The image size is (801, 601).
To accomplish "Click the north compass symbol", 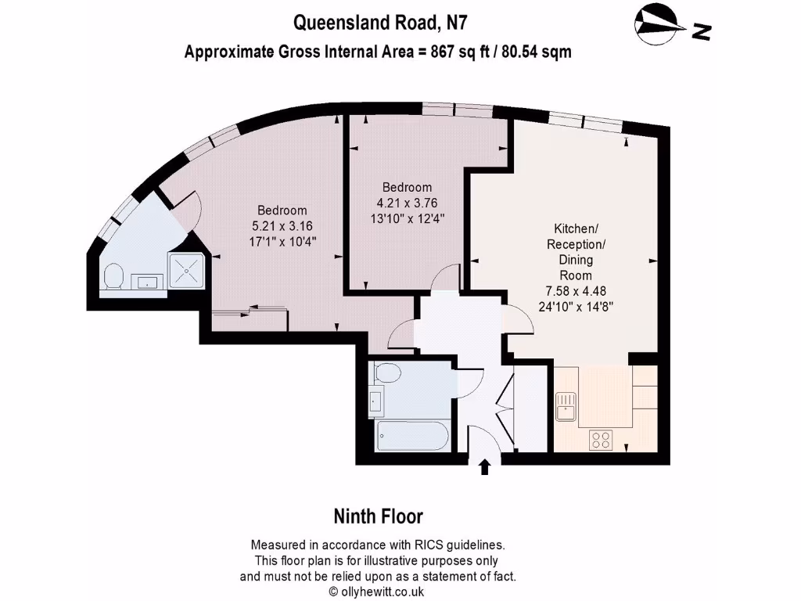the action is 659,24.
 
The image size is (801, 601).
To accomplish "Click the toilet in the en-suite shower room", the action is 113,277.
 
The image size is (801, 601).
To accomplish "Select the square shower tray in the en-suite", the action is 185,270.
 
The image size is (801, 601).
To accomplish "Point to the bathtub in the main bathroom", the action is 413,436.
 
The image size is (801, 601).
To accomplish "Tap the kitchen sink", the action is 566,406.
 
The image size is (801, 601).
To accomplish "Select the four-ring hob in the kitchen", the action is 601,440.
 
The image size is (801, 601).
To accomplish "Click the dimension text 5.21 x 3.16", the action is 282,226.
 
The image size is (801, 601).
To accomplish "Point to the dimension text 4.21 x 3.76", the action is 407,203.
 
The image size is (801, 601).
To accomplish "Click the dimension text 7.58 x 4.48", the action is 576,291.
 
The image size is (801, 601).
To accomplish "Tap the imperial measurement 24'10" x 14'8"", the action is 576,307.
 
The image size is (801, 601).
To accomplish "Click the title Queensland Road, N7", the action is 380,23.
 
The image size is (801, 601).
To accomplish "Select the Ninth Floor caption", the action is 379,516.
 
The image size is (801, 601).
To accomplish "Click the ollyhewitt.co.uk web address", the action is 383,592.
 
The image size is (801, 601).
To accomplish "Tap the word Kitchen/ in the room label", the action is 576,229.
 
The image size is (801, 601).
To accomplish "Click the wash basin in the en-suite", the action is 147,282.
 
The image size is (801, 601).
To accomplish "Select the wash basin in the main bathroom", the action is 376,398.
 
